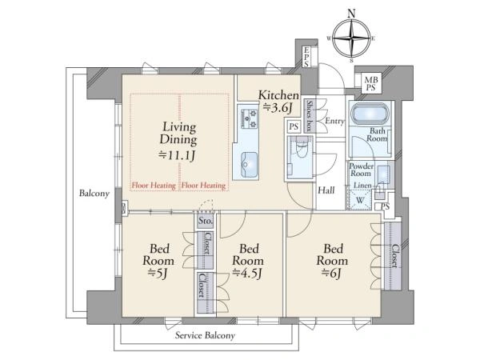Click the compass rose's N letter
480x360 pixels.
click(x=352, y=14)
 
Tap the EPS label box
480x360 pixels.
click(x=306, y=57)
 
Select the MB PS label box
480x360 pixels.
click(x=370, y=83)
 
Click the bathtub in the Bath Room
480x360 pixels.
click(x=370, y=114)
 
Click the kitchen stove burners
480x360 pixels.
click(x=249, y=118)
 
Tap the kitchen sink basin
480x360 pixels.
click(x=249, y=164)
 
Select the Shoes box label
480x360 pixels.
click(x=310, y=116)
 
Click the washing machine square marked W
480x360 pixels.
click(x=360, y=200)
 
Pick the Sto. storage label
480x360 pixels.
click(x=205, y=221)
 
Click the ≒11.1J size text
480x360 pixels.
click(x=177, y=155)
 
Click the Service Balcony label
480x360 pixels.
click(x=205, y=335)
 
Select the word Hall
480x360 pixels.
click(x=326, y=190)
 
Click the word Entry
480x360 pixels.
click(x=334, y=122)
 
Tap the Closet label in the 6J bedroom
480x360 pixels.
click(x=395, y=256)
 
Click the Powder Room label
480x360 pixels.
click(x=362, y=170)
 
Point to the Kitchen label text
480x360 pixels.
click(x=278, y=95)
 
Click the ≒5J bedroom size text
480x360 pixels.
click(x=158, y=273)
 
